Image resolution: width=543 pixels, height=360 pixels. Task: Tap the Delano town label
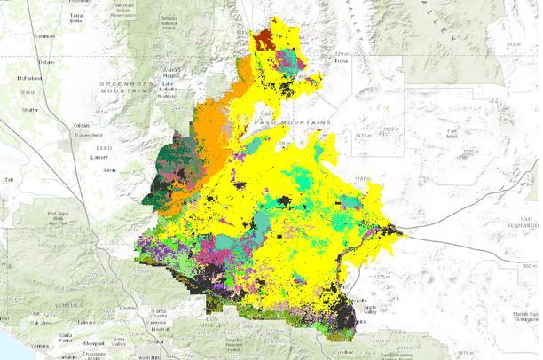coord(45,63)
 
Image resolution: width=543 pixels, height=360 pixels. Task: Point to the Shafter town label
coord(30,110)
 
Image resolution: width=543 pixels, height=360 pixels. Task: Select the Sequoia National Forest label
coord(173,20)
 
